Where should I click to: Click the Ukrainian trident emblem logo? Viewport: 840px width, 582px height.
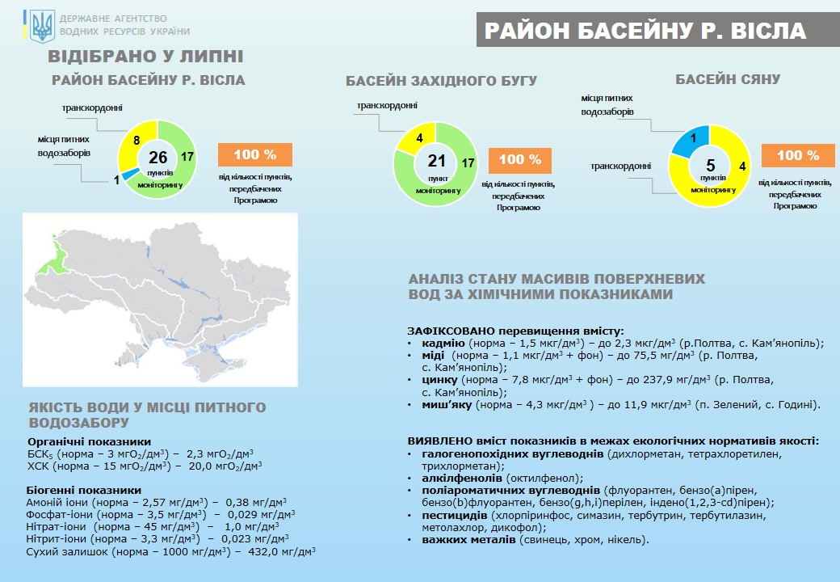(x=42, y=27)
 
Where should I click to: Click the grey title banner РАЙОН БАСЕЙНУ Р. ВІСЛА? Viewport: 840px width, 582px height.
(x=657, y=30)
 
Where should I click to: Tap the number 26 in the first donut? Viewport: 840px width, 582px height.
(x=158, y=157)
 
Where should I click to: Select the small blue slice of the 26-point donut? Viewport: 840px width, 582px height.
(x=128, y=175)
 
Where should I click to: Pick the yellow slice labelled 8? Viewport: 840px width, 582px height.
(x=135, y=141)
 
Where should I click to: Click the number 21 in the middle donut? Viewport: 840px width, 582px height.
(x=437, y=160)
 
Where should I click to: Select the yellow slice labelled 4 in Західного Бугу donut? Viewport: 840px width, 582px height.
(x=417, y=137)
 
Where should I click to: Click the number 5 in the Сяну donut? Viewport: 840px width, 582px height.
(x=710, y=165)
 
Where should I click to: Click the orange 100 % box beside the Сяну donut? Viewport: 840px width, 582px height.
(x=798, y=155)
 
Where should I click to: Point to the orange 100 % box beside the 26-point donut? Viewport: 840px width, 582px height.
(x=255, y=155)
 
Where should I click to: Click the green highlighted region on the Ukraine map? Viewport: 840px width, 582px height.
(x=51, y=255)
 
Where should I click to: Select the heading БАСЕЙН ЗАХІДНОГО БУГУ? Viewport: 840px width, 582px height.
(x=441, y=81)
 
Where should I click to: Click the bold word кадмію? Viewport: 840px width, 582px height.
(x=443, y=344)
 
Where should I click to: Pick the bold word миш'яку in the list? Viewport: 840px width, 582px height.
(x=447, y=405)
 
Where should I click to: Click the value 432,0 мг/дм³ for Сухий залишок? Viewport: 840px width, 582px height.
(x=282, y=551)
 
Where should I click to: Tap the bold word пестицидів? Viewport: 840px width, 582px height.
(x=454, y=516)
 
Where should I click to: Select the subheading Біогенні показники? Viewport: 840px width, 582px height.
(x=84, y=491)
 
